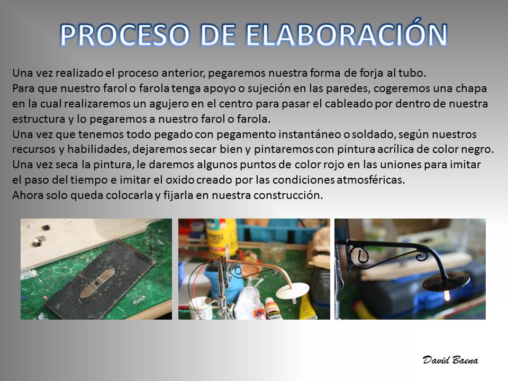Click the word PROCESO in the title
tap(125, 35)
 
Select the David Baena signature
tap(450, 360)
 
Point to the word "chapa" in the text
tap(471, 89)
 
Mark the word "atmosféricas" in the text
tap(370, 180)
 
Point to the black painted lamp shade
tap(446, 281)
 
